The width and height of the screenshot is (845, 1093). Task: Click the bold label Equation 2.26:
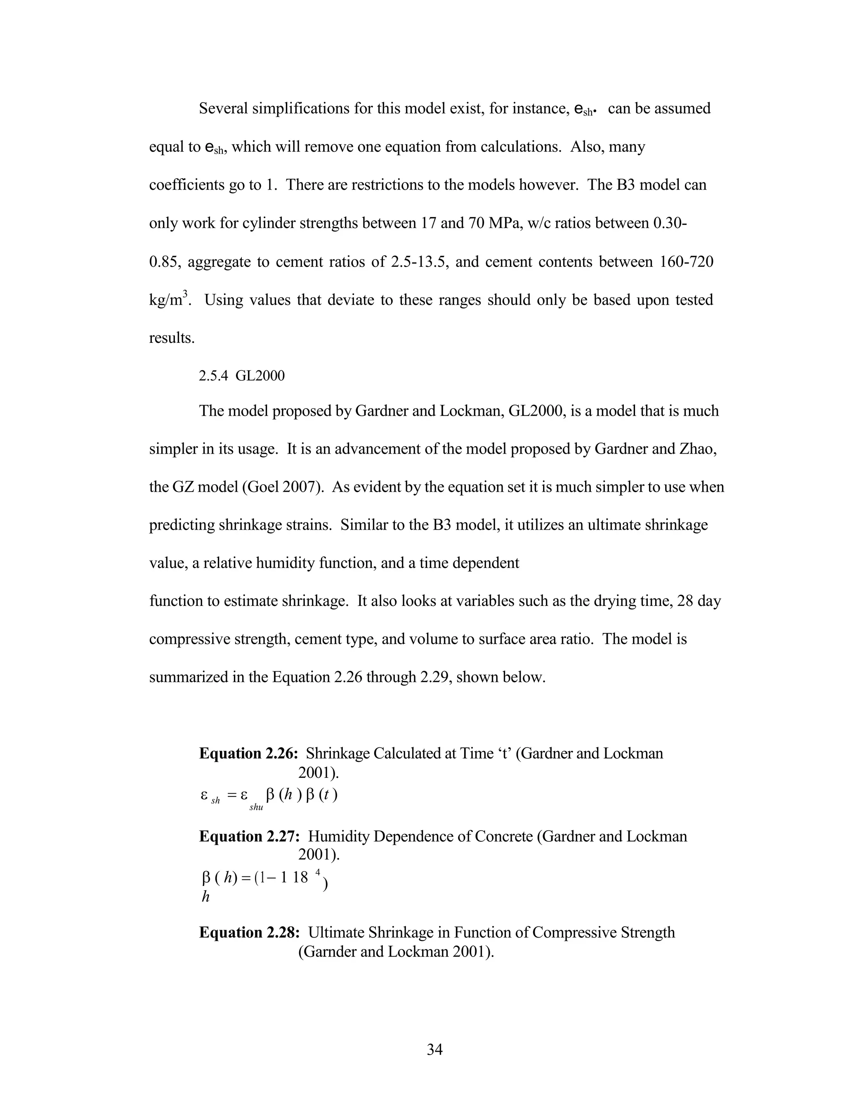249,754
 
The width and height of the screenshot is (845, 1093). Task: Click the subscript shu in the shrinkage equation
256,808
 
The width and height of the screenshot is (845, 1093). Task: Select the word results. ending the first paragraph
172,338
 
